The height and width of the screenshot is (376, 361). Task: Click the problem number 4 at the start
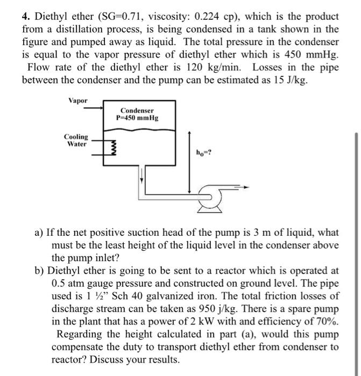[x=25, y=17]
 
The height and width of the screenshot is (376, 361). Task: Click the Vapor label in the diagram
[x=78, y=100]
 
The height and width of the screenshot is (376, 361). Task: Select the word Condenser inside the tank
[x=137, y=110]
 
